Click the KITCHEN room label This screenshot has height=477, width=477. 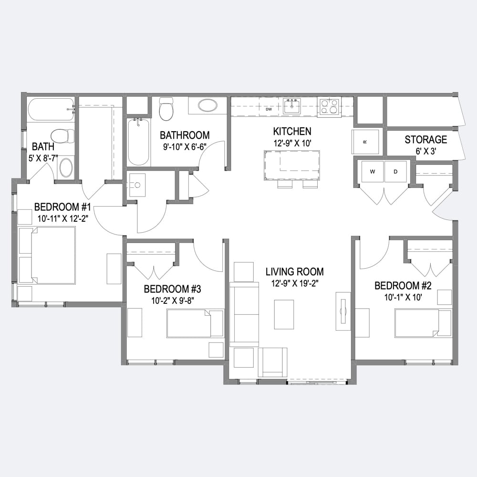click(x=292, y=132)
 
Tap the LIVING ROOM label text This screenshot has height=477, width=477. click(x=294, y=272)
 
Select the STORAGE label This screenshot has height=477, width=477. click(x=425, y=140)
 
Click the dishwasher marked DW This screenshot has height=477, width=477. click(x=269, y=107)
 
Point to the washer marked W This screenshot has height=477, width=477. click(x=373, y=172)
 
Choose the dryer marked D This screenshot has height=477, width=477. click(x=395, y=172)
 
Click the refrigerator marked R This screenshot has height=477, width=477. click(x=365, y=142)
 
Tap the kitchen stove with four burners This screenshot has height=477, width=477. click(x=329, y=107)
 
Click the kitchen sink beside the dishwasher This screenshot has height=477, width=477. click(x=291, y=106)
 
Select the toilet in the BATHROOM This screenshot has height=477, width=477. click(x=166, y=108)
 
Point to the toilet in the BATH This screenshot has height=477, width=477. click(x=62, y=136)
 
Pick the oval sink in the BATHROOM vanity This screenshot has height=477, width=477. click(x=208, y=105)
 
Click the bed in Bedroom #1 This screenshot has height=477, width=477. click(x=47, y=256)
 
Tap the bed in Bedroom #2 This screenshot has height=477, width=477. click(x=423, y=323)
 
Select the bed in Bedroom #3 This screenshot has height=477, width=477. click(x=195, y=323)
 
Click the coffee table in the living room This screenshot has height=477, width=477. click(x=284, y=314)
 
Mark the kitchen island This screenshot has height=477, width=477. click(x=292, y=165)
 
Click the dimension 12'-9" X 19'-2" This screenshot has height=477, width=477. click(x=294, y=283)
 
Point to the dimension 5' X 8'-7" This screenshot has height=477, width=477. click(x=43, y=158)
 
